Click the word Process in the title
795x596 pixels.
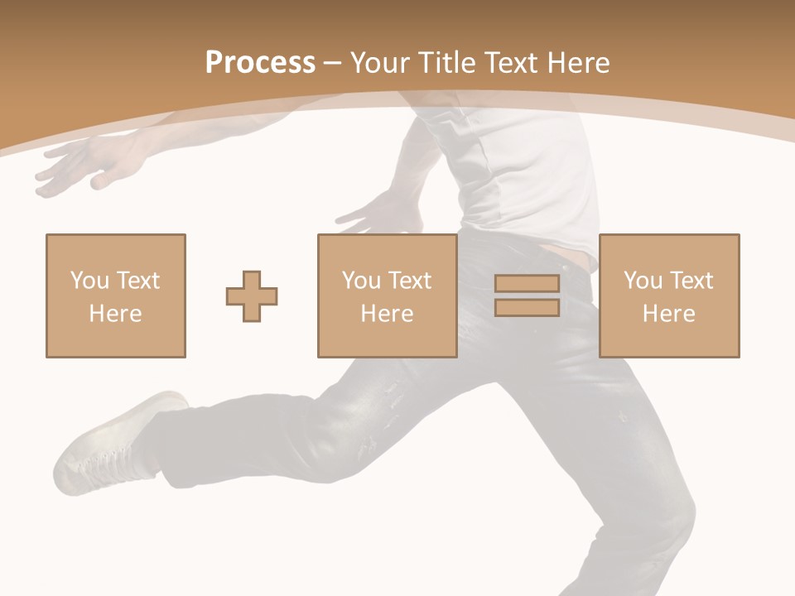click(260, 63)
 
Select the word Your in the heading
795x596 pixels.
click(381, 63)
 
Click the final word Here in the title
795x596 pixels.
click(578, 63)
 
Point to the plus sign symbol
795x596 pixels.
click(252, 296)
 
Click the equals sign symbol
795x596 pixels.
click(527, 296)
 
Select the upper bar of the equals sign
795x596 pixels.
click(527, 284)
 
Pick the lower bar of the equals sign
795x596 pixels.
click(527, 307)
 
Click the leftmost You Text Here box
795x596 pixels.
click(116, 296)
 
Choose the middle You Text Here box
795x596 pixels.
click(388, 296)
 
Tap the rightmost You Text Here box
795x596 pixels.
click(669, 296)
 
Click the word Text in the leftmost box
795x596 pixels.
click(137, 281)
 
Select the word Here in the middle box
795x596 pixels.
click(388, 314)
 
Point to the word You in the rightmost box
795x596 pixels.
click(643, 281)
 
